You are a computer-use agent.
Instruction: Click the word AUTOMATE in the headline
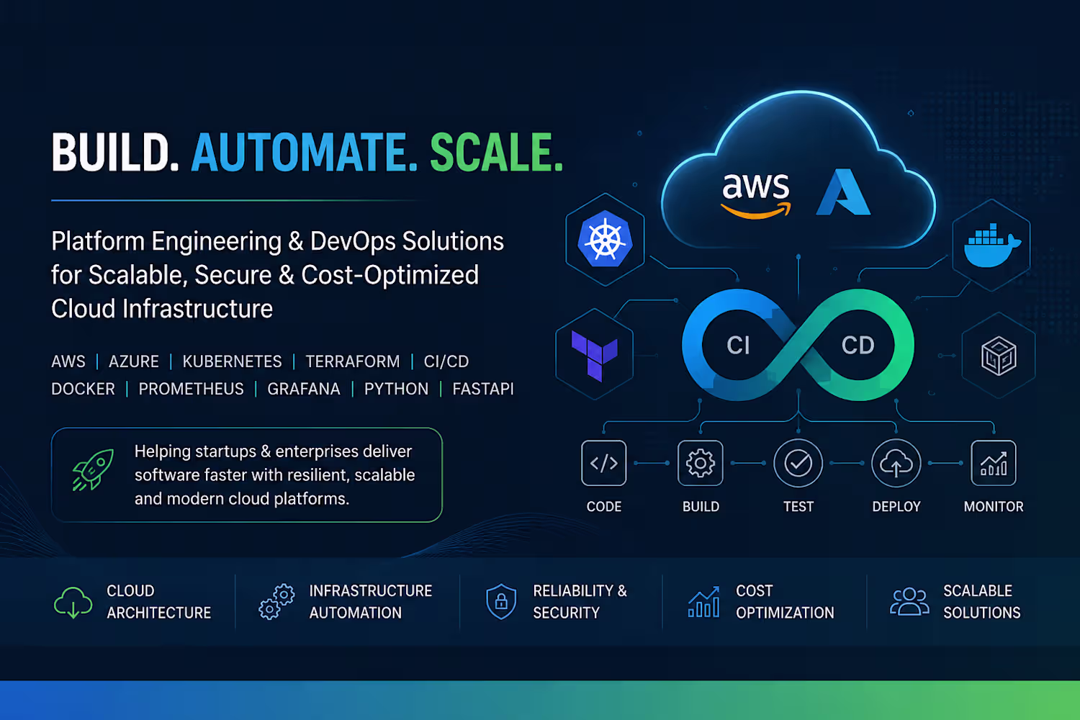click(x=304, y=153)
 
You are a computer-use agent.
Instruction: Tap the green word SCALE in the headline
click(x=496, y=153)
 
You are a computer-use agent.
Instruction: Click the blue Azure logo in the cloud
click(x=843, y=192)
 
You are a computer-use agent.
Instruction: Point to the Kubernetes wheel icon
click(x=605, y=239)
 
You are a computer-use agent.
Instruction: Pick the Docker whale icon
click(x=992, y=245)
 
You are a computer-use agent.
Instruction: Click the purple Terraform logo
click(x=594, y=355)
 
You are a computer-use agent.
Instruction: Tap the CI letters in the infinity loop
click(x=738, y=346)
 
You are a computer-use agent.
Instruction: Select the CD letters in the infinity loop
click(x=858, y=346)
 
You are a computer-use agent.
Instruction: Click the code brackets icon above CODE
click(x=603, y=463)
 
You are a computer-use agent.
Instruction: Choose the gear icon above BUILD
click(x=700, y=463)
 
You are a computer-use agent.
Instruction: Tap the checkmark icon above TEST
click(x=798, y=463)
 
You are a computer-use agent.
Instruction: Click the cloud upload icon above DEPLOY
click(x=896, y=463)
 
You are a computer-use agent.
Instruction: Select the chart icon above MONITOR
click(x=994, y=463)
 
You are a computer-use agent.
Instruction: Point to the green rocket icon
click(x=93, y=469)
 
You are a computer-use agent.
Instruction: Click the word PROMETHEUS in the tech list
click(x=191, y=389)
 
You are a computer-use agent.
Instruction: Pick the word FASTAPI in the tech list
click(x=483, y=389)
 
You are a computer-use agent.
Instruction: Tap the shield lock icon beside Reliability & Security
click(x=501, y=601)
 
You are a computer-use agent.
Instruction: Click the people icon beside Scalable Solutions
click(x=909, y=601)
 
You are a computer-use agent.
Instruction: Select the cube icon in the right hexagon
click(x=999, y=356)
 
